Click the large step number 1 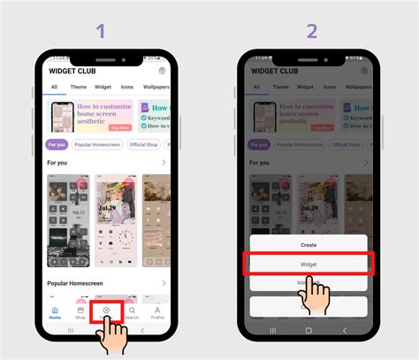pos(101,31)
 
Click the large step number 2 pos(311,31)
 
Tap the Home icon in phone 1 pos(55,312)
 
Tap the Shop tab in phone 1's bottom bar pos(80,312)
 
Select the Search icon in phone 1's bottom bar pos(132,312)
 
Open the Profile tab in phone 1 pos(156,312)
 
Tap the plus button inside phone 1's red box pos(106,310)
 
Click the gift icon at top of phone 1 pos(162,71)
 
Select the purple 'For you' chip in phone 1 pos(57,142)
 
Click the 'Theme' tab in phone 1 pos(79,88)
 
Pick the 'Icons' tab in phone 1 pos(128,88)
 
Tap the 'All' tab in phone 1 pos(54,88)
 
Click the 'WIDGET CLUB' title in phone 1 pos(72,71)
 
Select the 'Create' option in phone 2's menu pos(309,245)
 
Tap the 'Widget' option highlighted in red pos(309,264)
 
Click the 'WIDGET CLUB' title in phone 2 pos(276,71)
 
